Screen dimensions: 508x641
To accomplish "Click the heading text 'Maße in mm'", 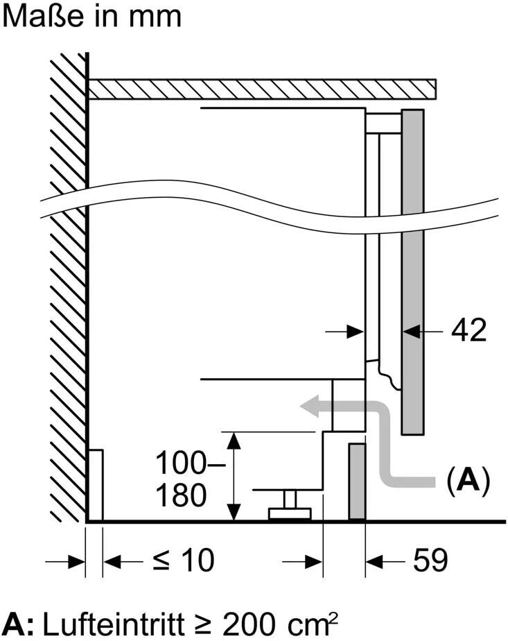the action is (91, 17).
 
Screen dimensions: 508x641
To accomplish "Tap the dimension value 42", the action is (468, 330).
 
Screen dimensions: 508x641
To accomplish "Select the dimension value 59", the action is (430, 560).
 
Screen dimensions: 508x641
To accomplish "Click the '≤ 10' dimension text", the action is (184, 560).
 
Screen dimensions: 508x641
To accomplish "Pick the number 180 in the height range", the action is (181, 495).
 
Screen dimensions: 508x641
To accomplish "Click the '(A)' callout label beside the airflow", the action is (468, 480).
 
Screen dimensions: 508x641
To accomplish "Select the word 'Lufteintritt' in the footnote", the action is (113, 624).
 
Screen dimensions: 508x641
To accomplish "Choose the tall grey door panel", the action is (412, 271).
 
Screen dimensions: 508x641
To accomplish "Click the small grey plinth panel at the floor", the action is (357, 481).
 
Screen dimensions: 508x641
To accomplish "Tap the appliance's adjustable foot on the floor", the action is (290, 505).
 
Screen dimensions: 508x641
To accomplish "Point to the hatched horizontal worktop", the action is (262, 89).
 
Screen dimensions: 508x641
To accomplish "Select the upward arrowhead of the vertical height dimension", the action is (234, 441).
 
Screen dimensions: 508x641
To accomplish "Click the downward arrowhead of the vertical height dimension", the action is (234, 512).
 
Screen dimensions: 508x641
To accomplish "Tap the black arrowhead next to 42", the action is (412, 331).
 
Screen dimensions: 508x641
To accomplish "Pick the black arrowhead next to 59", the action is (374, 561).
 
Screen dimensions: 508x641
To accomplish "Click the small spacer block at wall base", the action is (96, 485).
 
